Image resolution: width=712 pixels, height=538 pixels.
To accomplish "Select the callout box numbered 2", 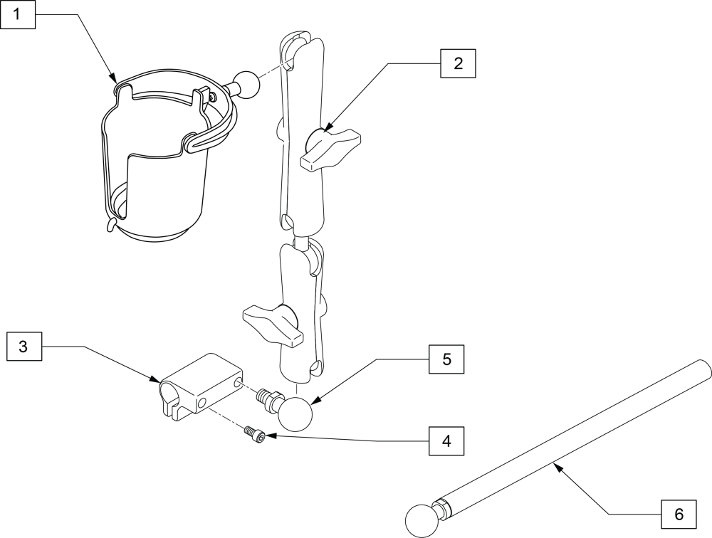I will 458,63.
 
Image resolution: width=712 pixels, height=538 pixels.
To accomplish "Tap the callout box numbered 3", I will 23,347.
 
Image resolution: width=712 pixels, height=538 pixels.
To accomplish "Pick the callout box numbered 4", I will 446,441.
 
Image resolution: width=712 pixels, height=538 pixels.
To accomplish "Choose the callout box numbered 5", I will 446,359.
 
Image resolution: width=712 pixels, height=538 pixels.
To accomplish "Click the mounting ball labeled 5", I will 295,413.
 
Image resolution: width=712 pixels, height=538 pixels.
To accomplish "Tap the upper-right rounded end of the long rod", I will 701,369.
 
